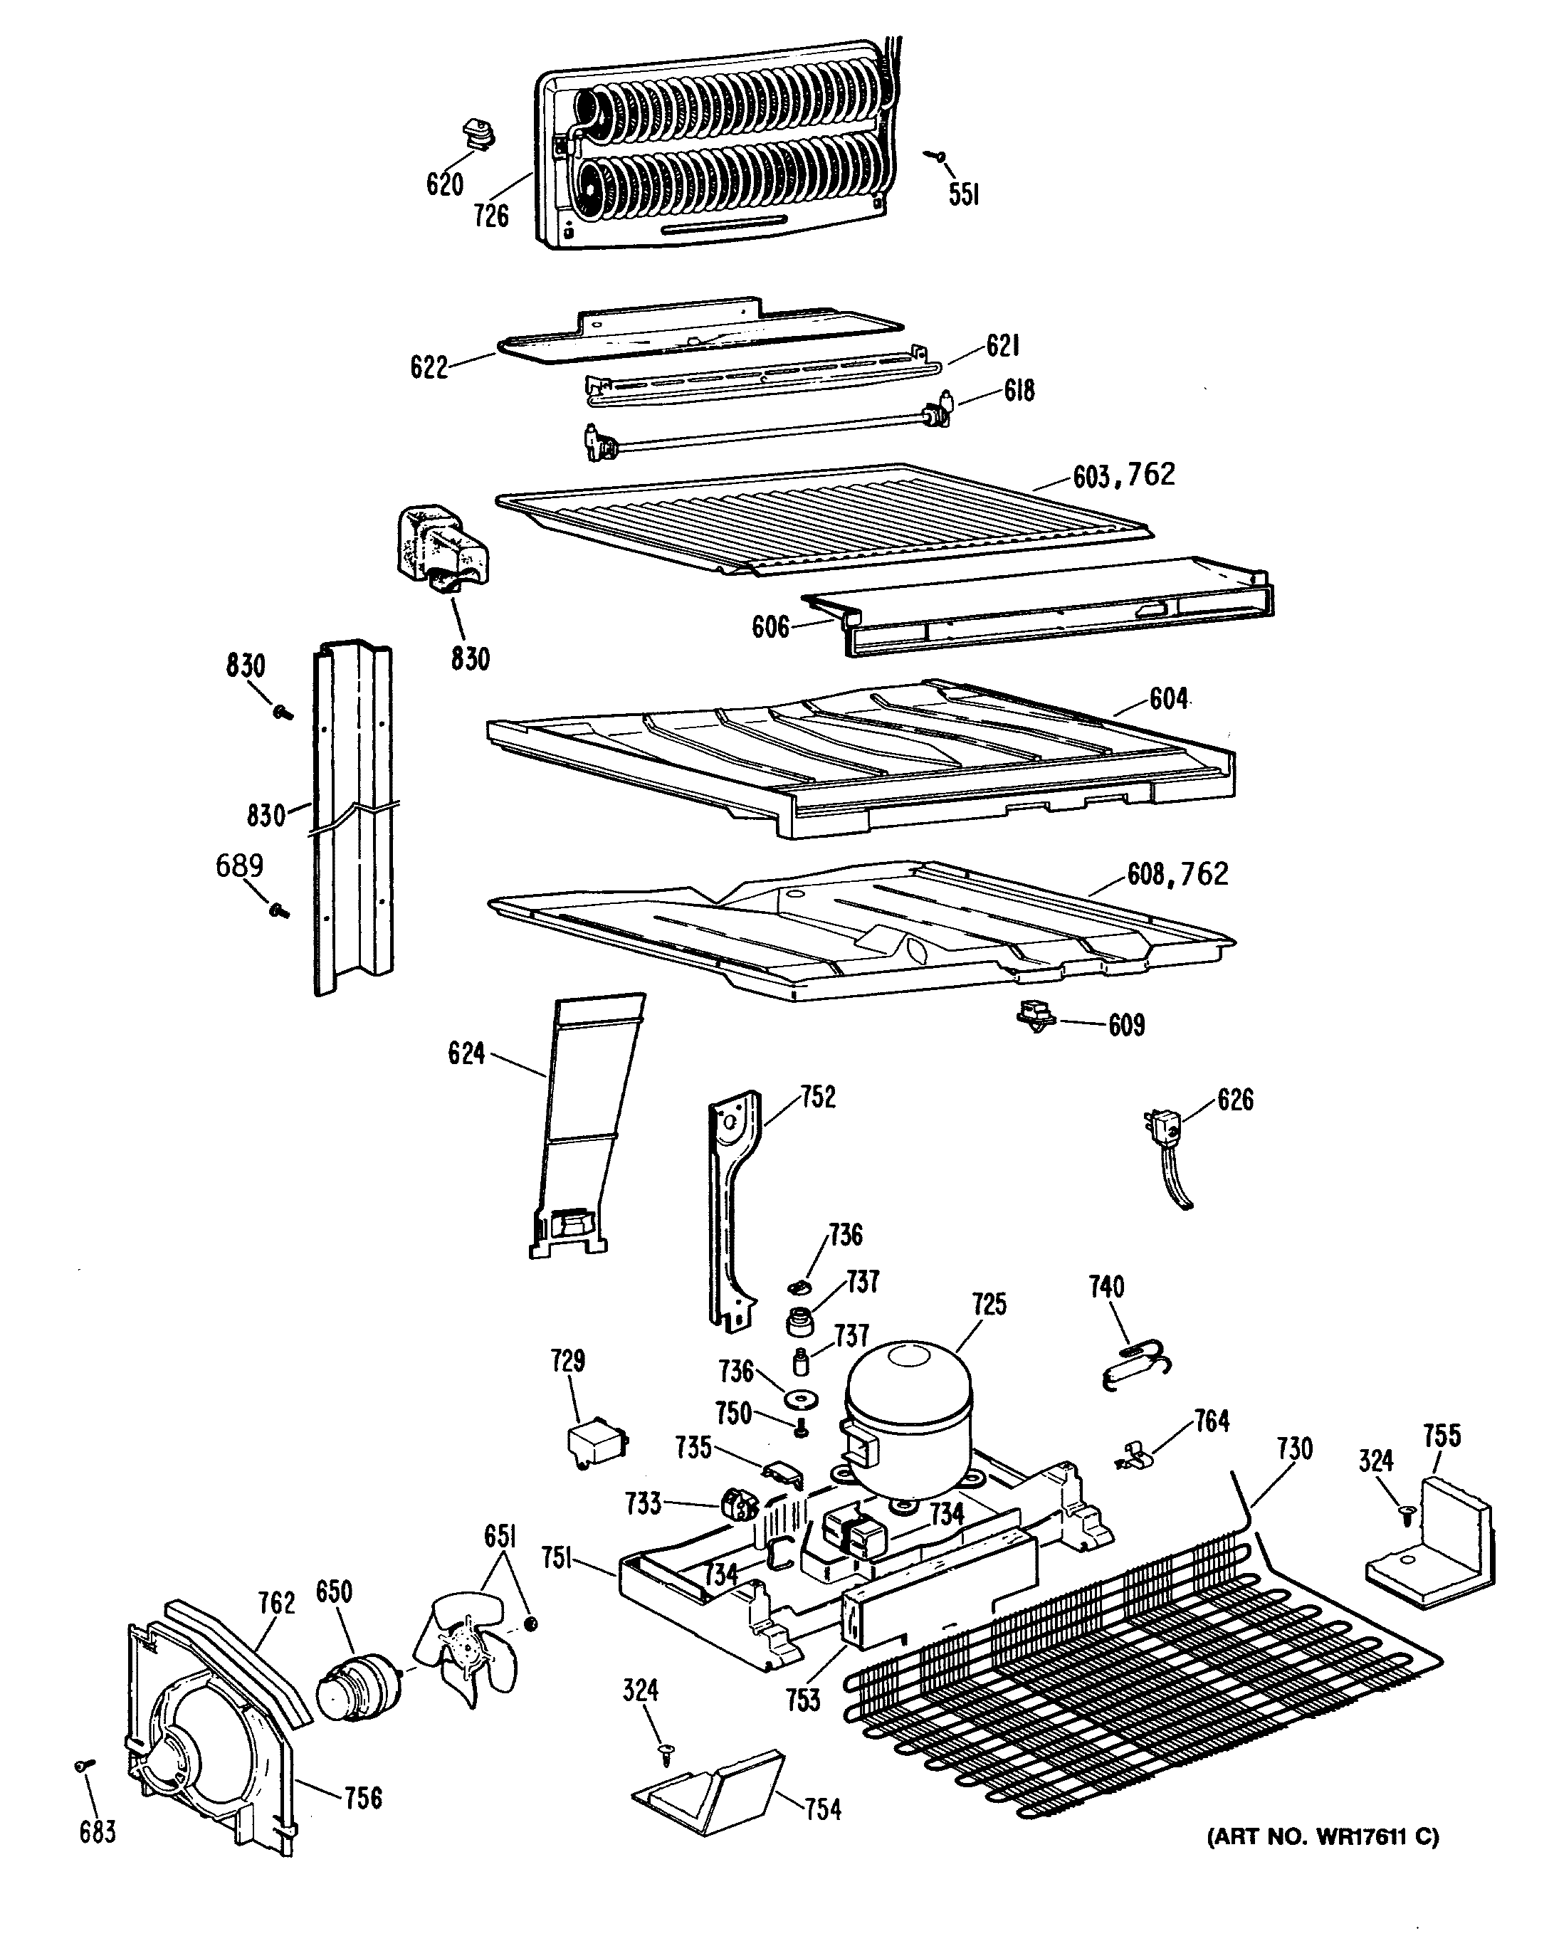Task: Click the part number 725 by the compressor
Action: [989, 1304]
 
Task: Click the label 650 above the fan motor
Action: [333, 1592]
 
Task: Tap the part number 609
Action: [1126, 1026]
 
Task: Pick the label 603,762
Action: [1123, 475]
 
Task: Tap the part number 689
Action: [239, 866]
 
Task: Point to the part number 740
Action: [1106, 1287]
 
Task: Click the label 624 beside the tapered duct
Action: [466, 1053]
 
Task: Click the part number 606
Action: [770, 627]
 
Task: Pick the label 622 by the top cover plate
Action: [429, 367]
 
